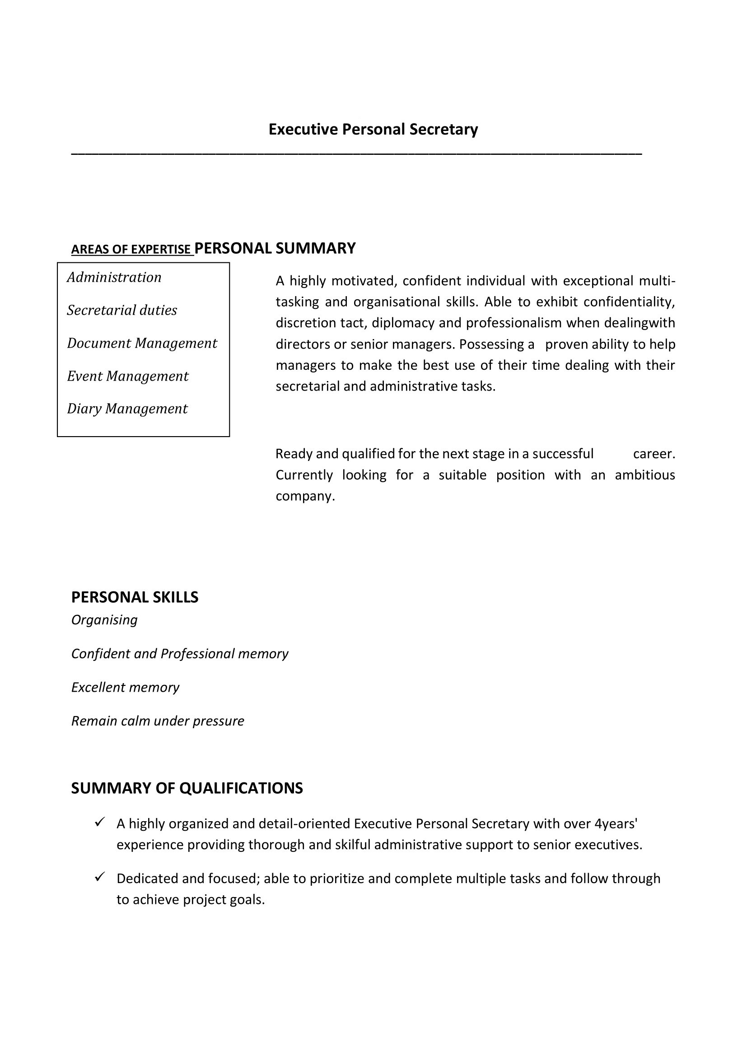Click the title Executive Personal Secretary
click(373, 130)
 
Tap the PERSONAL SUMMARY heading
click(275, 248)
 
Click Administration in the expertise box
click(114, 277)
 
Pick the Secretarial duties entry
click(122, 311)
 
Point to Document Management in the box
click(142, 344)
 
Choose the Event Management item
click(128, 376)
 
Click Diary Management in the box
click(127, 409)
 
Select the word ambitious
click(644, 475)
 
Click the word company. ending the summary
click(305, 496)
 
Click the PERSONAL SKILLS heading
click(135, 597)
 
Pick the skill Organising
click(104, 620)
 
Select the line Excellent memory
click(125, 688)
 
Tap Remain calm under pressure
click(157, 721)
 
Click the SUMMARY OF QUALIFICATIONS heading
click(187, 788)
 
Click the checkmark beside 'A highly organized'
click(100, 822)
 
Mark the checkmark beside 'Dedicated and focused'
click(100, 877)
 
